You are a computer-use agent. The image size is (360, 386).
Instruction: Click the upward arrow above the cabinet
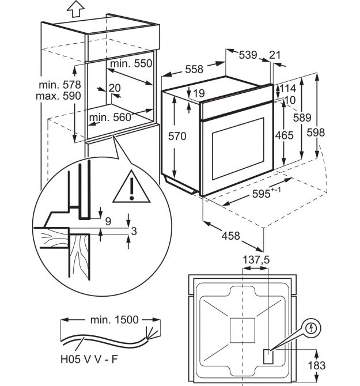[76, 9]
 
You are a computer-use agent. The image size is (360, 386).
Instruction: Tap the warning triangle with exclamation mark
[131, 187]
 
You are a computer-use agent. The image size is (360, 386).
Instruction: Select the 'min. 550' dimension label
[131, 64]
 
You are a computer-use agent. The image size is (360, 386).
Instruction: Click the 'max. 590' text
[58, 96]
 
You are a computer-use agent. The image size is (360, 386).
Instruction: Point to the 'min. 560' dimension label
[110, 118]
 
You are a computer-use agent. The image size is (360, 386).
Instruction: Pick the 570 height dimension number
[177, 136]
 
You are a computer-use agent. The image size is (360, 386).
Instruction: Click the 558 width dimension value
[194, 69]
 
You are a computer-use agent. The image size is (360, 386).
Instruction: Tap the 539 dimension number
[248, 55]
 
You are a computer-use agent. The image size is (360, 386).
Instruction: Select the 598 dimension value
[316, 133]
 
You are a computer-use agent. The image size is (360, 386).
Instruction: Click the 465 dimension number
[284, 135]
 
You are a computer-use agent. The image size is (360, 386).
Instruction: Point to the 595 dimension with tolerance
[267, 194]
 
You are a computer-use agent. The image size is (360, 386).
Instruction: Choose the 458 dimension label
[230, 236]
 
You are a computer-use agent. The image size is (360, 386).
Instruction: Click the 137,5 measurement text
[256, 260]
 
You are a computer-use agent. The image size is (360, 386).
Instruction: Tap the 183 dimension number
[317, 366]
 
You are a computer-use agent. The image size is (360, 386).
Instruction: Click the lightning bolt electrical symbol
[312, 328]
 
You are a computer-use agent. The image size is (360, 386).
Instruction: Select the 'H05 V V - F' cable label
[89, 359]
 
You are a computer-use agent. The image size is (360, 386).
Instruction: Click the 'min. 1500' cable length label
[115, 320]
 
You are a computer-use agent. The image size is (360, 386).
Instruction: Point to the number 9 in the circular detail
[108, 222]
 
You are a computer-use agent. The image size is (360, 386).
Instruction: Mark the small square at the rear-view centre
[242, 330]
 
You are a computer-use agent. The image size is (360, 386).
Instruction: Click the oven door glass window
[238, 149]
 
